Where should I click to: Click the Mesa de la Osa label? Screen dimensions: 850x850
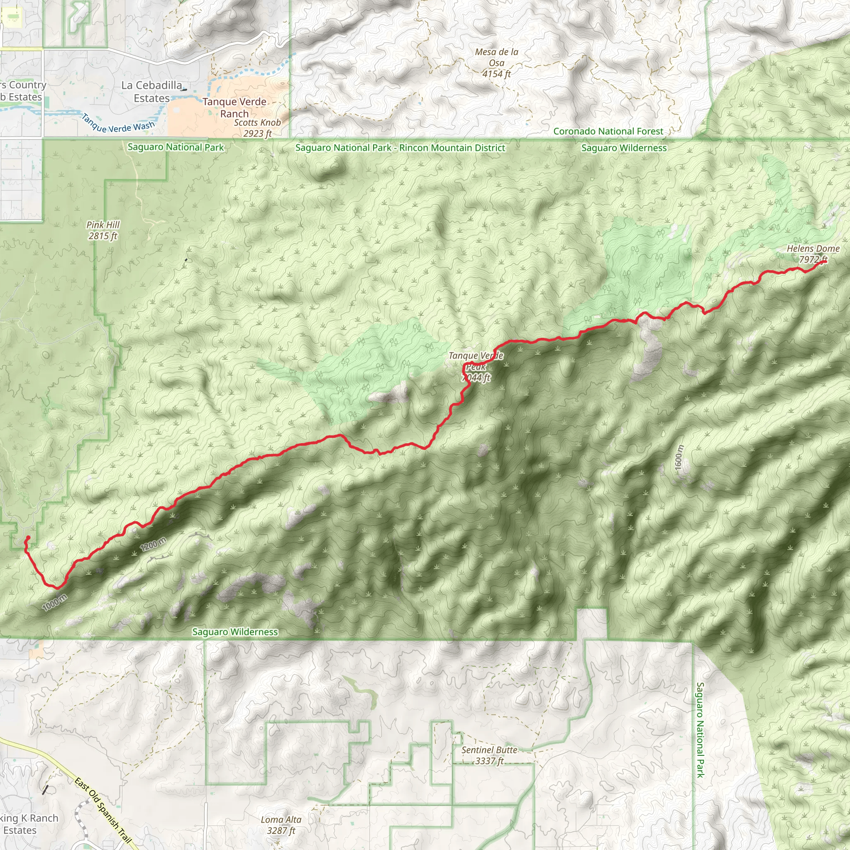tap(496, 63)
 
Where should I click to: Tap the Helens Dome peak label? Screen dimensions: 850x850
tap(813, 254)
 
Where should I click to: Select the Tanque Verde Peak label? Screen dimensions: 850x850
tap(476, 366)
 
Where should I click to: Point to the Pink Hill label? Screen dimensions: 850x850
tap(103, 230)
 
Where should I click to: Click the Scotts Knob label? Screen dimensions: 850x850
tap(257, 128)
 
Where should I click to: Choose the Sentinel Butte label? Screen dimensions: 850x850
tap(489, 755)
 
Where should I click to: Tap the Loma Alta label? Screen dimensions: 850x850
tap(281, 825)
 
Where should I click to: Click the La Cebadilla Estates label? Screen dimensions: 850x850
tap(152, 91)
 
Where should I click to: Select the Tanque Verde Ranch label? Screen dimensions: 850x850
tap(234, 108)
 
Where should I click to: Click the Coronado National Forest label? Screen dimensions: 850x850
tap(608, 131)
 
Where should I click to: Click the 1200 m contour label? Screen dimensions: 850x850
tap(153, 545)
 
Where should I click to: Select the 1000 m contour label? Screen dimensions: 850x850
tap(55, 602)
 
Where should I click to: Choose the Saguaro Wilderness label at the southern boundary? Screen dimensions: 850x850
tap(235, 632)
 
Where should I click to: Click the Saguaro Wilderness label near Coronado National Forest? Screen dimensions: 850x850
tap(624, 148)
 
